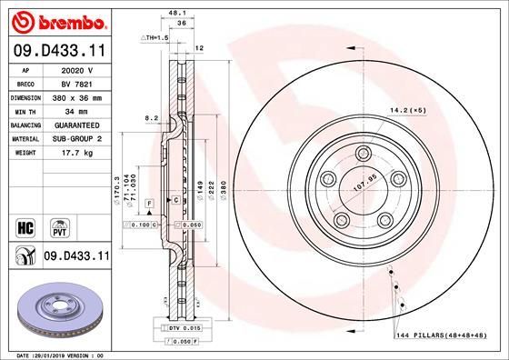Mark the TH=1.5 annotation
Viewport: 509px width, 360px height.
pos(155,37)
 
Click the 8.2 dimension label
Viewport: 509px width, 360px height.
pos(152,117)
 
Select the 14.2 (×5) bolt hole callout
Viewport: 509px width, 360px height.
pos(408,110)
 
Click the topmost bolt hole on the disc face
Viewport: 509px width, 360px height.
pos(363,153)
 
